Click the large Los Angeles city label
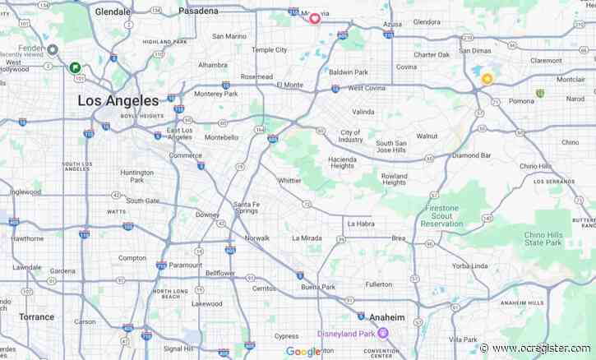point(118,100)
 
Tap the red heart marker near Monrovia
point(314,17)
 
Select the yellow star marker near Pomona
point(487,79)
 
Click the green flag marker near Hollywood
point(75,68)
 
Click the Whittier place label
point(289,180)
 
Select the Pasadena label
point(198,12)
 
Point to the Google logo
point(303,352)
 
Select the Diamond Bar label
point(471,155)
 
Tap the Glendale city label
point(113,12)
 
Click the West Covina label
point(367,87)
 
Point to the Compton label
point(132,257)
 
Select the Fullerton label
point(379,284)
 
